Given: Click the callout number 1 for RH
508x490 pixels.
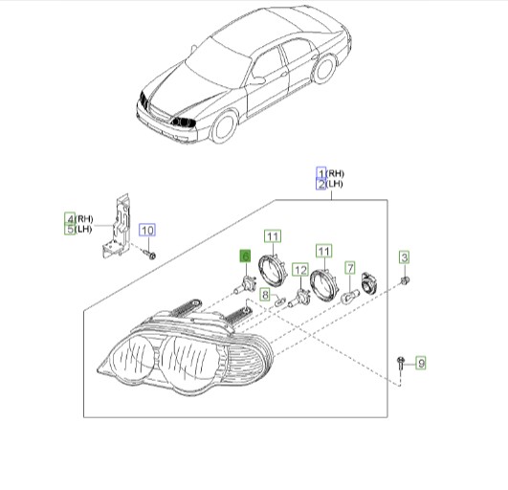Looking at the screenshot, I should [321, 172].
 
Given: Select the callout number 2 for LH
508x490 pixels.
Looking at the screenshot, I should [321, 184].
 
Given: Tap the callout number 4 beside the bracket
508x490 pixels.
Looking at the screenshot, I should [70, 218].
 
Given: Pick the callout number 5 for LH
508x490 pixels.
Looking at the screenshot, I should [70, 230].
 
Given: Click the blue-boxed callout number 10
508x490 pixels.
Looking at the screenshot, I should [146, 230].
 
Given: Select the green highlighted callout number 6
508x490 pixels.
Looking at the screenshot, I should [244, 256].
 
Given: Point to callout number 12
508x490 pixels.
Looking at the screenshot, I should [299, 271].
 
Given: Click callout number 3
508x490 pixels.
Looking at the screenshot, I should [404, 256].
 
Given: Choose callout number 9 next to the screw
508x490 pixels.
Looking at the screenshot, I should [419, 362].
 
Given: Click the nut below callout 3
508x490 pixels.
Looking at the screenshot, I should [406, 278].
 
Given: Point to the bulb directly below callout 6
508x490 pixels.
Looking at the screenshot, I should [245, 283].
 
